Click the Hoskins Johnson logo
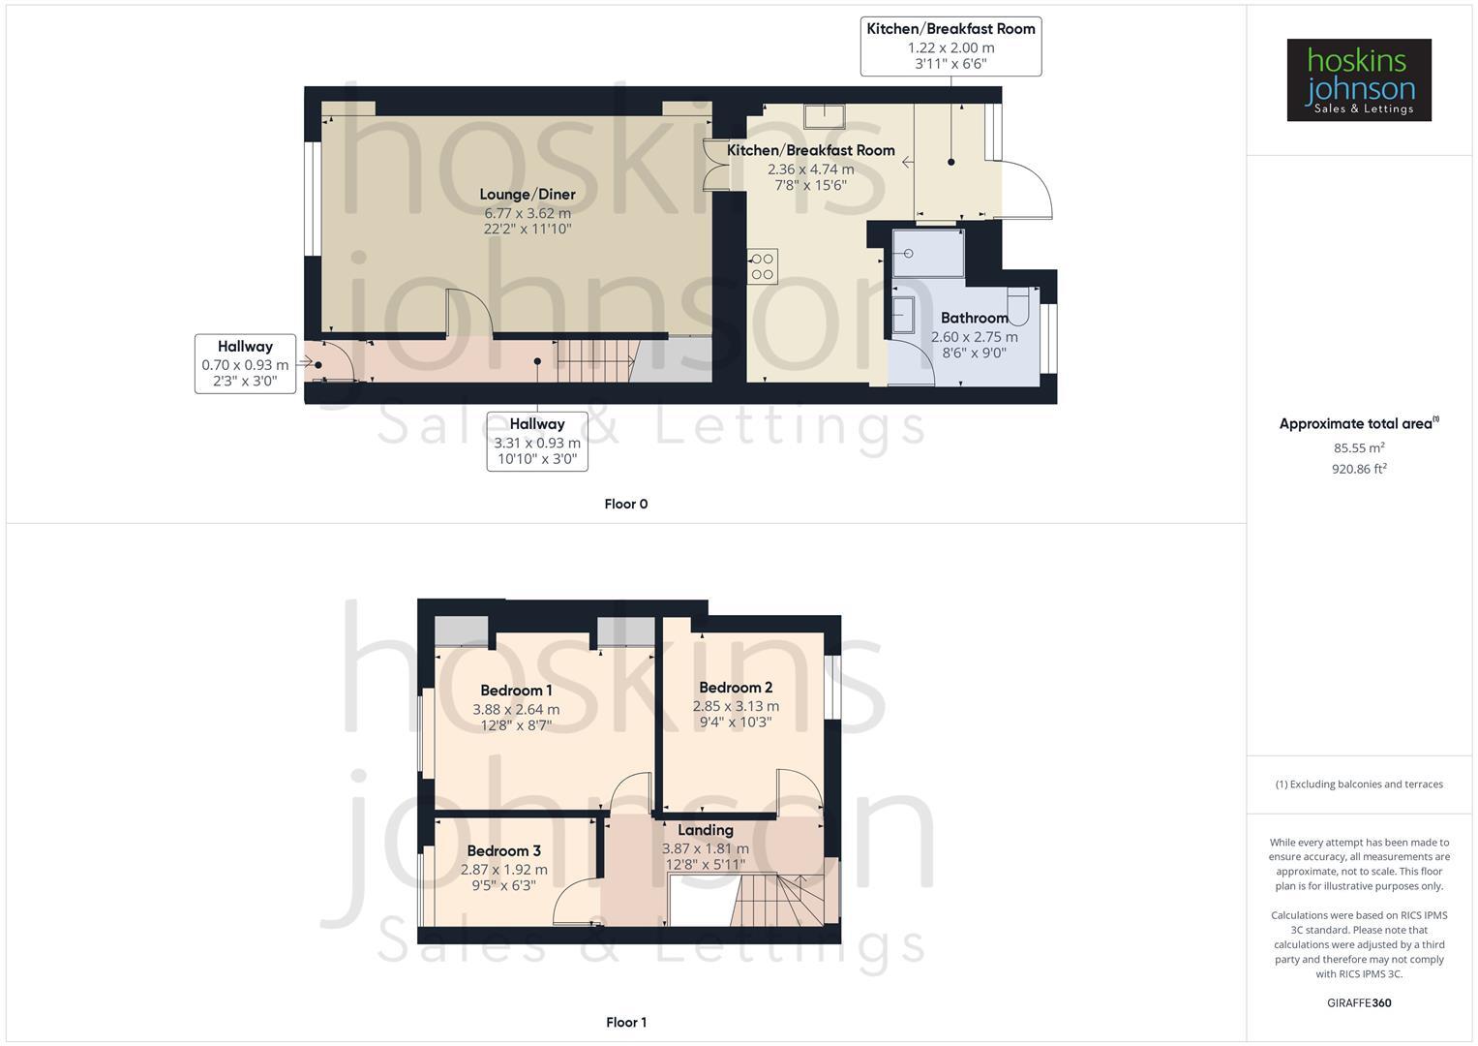[1358, 79]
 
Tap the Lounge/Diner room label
[528, 195]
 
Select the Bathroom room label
[974, 318]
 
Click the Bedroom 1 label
[516, 691]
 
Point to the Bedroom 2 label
[736, 688]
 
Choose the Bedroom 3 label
[503, 851]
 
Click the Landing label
[705, 830]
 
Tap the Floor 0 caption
[625, 504]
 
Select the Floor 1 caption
[625, 1022]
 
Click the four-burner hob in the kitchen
[762, 266]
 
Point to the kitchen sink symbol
[824, 116]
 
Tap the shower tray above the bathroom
[928, 253]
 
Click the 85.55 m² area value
[1358, 448]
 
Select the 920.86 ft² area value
[1358, 469]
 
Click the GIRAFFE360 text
[1358, 1002]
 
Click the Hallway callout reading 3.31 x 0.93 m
[537, 442]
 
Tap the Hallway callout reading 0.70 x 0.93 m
[245, 364]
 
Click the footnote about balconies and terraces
[1358, 784]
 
